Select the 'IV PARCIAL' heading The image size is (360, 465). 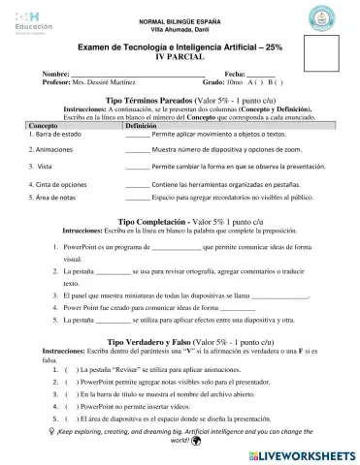coord(180,57)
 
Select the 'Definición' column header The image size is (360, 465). coord(142,127)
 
